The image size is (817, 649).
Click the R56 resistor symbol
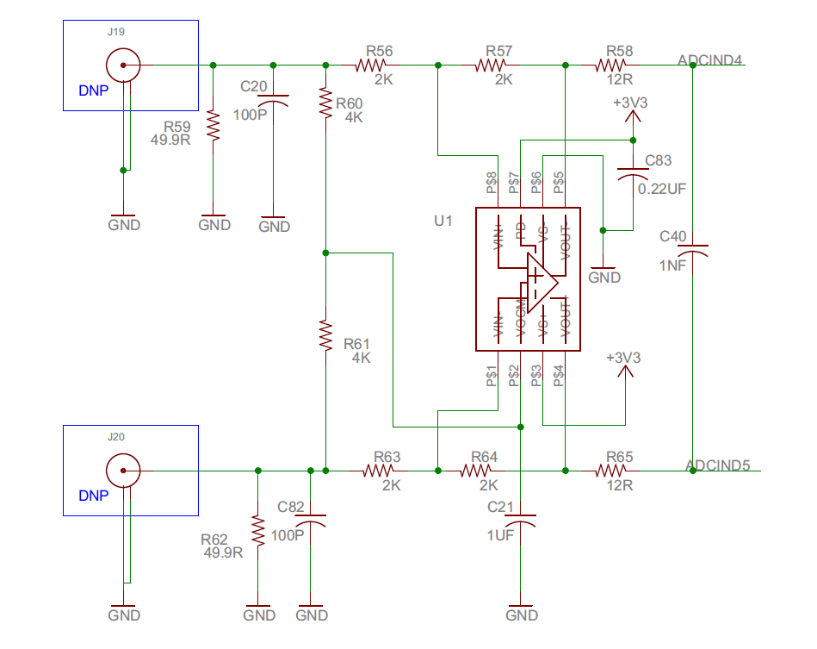[x=374, y=65]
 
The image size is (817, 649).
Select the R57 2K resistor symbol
[x=493, y=65]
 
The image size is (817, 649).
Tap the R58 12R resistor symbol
[x=612, y=65]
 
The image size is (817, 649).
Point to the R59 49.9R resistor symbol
[x=214, y=127]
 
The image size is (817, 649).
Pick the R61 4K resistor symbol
[x=325, y=335]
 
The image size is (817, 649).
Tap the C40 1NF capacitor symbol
[x=693, y=250]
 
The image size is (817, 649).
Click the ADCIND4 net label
[x=711, y=59]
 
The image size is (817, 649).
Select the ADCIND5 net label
[x=718, y=465]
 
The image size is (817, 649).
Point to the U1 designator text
[x=443, y=221]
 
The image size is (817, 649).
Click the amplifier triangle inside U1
[x=541, y=281]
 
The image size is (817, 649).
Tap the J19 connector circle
[x=123, y=65]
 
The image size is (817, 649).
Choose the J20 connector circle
[x=123, y=471]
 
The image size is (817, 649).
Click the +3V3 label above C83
[x=630, y=103]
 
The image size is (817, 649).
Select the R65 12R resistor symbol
[x=612, y=471]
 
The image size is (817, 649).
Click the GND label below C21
[x=522, y=615]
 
